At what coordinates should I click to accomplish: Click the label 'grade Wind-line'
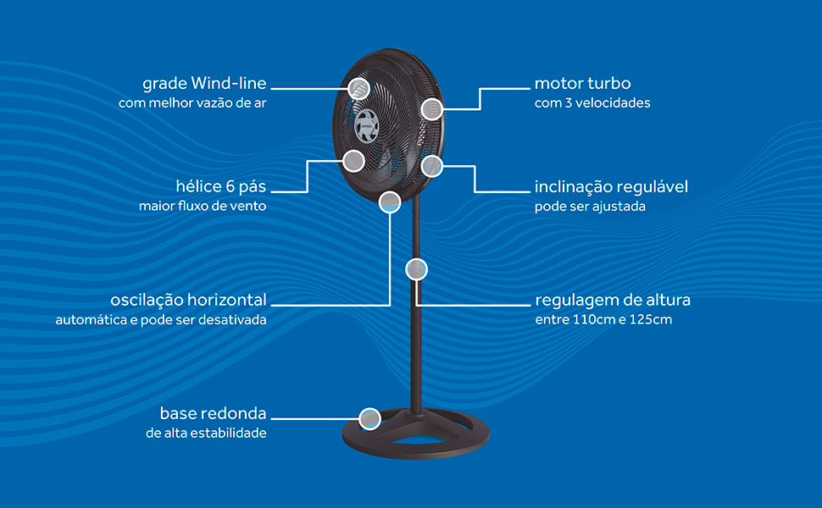tap(204, 84)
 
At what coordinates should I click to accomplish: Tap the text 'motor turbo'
tap(582, 84)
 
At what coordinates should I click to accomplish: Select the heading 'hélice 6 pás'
tap(217, 186)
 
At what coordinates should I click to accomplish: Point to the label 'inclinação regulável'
tap(611, 186)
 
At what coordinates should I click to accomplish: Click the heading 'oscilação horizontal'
tap(188, 300)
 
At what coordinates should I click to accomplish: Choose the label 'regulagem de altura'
tap(613, 300)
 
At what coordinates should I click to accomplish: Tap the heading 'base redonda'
tap(213, 413)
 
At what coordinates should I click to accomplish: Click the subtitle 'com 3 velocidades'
tap(592, 103)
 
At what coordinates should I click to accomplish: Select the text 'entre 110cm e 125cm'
tap(603, 320)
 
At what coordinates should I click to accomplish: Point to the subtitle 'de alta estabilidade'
tap(206, 433)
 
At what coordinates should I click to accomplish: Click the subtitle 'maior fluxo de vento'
tap(203, 206)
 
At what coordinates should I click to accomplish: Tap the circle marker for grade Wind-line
tap(360, 88)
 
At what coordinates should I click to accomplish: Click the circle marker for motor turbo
tap(432, 108)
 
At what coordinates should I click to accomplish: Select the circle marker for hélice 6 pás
tap(353, 160)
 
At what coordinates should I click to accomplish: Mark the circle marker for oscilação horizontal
tap(390, 202)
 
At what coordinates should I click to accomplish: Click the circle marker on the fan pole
tap(416, 269)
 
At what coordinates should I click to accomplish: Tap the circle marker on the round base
tap(369, 418)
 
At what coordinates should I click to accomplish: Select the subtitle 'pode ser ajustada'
tap(591, 206)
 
